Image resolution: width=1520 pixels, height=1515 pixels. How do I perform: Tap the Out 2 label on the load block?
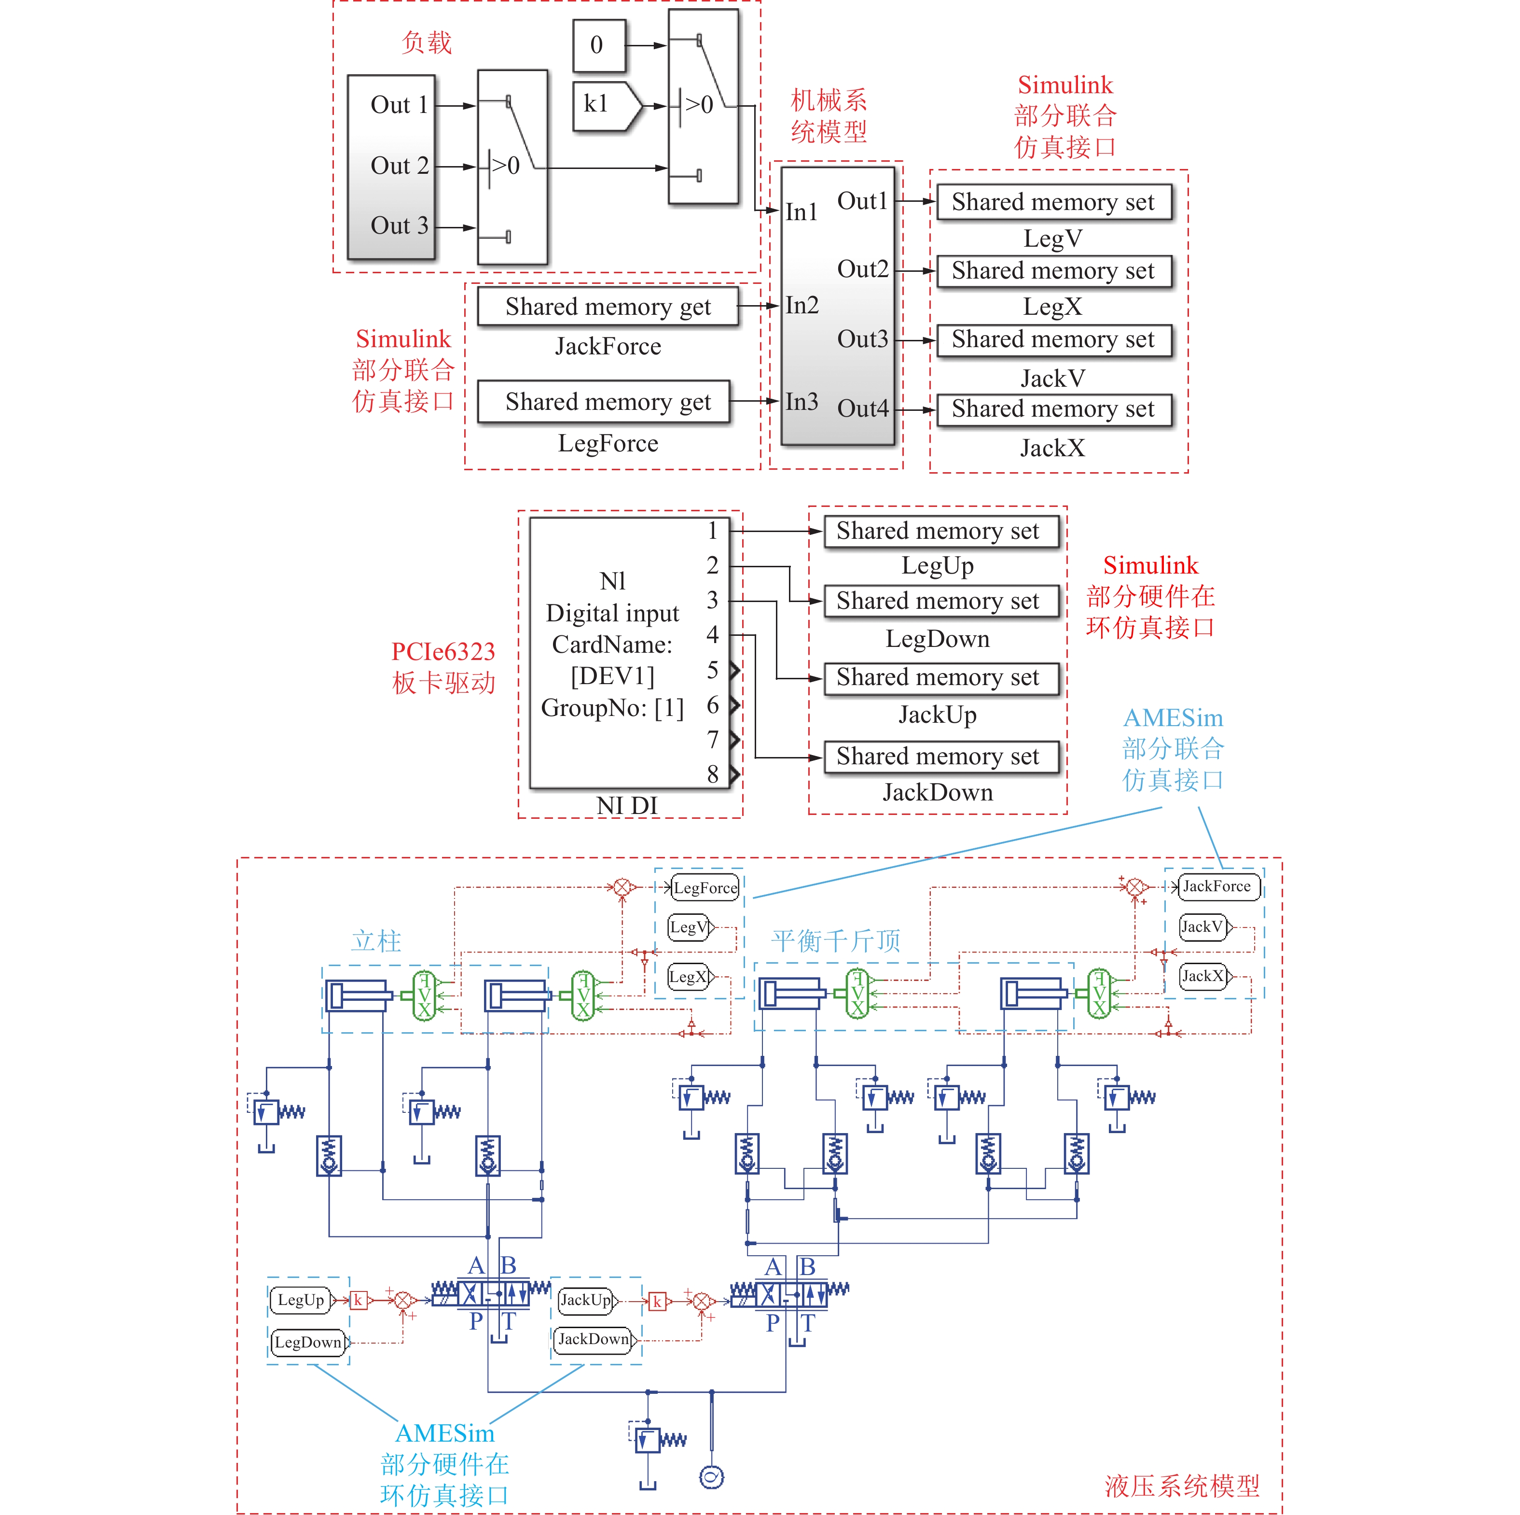(x=399, y=166)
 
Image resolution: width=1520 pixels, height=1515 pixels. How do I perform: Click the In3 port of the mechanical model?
(x=801, y=402)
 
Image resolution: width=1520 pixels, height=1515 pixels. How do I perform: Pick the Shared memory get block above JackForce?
(x=608, y=306)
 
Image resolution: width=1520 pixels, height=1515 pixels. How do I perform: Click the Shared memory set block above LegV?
(x=1053, y=202)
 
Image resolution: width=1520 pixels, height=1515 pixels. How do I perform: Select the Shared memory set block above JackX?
(x=1053, y=409)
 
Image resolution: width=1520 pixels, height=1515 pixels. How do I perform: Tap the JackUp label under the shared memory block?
(x=938, y=715)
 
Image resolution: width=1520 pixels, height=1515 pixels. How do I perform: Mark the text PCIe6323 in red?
(x=443, y=652)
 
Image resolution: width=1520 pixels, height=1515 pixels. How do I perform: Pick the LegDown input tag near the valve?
(x=308, y=1343)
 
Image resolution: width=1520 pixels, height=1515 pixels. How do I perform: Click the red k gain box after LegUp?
(x=358, y=1300)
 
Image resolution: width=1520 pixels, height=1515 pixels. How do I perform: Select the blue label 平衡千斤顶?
(x=836, y=940)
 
